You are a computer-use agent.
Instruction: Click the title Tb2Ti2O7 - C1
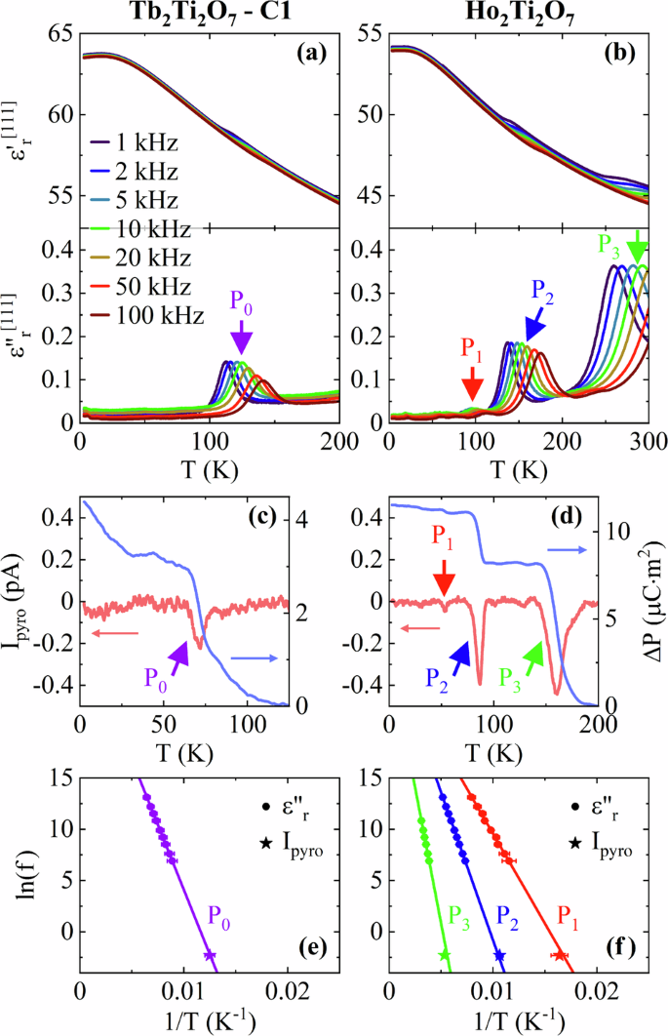tap(209, 13)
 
